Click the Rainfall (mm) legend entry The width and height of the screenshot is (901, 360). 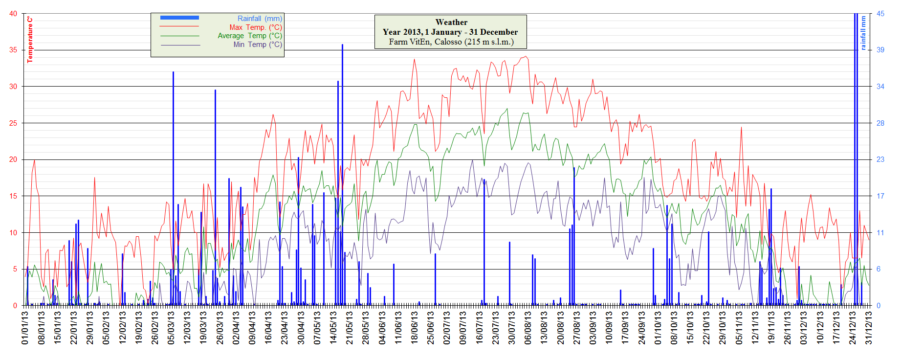(260, 19)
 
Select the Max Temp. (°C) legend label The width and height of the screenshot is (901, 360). (256, 27)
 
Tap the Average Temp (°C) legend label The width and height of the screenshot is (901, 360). (250, 36)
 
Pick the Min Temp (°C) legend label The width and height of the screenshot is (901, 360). (258, 45)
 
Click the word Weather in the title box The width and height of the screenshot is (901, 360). (451, 22)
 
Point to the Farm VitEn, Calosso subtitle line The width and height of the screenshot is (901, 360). (451, 42)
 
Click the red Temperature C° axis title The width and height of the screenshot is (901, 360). (30, 39)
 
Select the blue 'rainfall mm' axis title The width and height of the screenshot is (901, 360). (863, 33)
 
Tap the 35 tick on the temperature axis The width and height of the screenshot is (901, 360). (13, 50)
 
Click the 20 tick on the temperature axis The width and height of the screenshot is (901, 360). (13, 159)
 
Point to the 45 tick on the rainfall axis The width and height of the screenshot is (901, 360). (880, 14)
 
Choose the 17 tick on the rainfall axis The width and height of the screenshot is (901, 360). (880, 196)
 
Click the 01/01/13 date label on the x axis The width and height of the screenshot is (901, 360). (25, 328)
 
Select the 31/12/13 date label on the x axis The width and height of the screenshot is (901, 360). (869, 328)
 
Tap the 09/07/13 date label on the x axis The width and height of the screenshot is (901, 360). (463, 328)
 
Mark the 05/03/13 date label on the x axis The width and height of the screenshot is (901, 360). (171, 328)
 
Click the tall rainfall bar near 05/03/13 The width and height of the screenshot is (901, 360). (173, 186)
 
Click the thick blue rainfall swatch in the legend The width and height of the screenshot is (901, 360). (179, 18)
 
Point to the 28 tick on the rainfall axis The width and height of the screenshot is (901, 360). (880, 123)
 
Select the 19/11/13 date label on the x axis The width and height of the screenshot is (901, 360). (771, 328)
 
